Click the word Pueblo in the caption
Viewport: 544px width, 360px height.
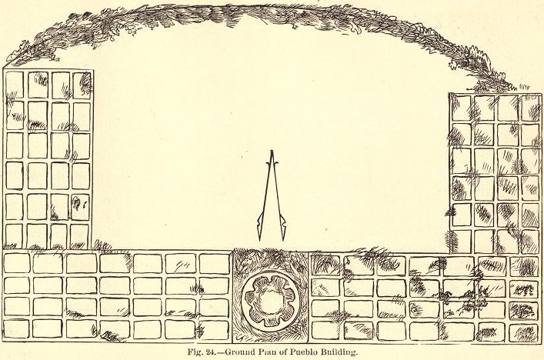tap(309, 353)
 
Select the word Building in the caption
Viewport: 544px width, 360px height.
tap(342, 353)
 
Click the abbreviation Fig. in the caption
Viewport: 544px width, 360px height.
tap(195, 353)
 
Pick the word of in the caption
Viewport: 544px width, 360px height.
tap(286, 353)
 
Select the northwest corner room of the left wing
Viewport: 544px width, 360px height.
tap(14, 85)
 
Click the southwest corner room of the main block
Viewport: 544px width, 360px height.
tap(16, 329)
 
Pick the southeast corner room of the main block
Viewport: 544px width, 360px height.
tap(523, 332)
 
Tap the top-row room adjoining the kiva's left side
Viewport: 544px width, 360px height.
tap(214, 265)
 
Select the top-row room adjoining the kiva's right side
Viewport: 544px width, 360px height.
tap(325, 265)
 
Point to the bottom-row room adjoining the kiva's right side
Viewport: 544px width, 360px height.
tap(325, 331)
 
